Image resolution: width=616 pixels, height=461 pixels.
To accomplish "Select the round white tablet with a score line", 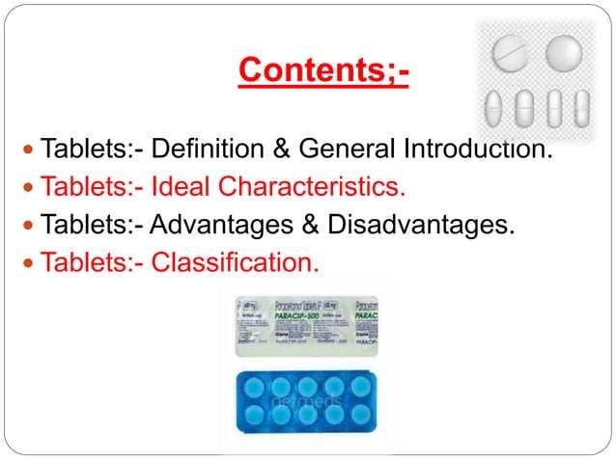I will [x=510, y=53].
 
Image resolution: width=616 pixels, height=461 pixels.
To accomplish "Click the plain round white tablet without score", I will [x=564, y=52].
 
